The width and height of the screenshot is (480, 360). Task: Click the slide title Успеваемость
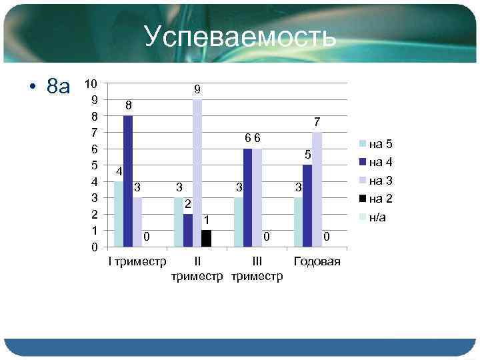click(240, 38)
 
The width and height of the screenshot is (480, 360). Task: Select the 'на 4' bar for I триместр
click(128, 181)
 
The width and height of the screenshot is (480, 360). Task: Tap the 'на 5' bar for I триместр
click(119, 213)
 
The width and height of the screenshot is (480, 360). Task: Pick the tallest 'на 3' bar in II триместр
click(197, 173)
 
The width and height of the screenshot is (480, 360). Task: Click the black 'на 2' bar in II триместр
click(207, 238)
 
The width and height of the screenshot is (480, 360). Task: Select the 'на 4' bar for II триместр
click(188, 230)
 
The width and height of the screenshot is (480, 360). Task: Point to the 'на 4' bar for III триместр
click(248, 197)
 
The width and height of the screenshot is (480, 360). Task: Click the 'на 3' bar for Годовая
click(317, 189)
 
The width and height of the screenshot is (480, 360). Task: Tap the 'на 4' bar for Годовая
click(307, 205)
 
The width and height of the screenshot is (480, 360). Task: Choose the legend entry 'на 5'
click(381, 144)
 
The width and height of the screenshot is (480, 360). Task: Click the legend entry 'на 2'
click(381, 198)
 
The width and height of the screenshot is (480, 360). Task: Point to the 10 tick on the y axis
click(92, 84)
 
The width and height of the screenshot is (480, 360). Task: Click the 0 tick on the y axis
click(95, 247)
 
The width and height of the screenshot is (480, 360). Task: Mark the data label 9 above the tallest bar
click(197, 89)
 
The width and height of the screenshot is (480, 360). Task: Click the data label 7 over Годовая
click(317, 122)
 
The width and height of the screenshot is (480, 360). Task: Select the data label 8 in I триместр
click(129, 106)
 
